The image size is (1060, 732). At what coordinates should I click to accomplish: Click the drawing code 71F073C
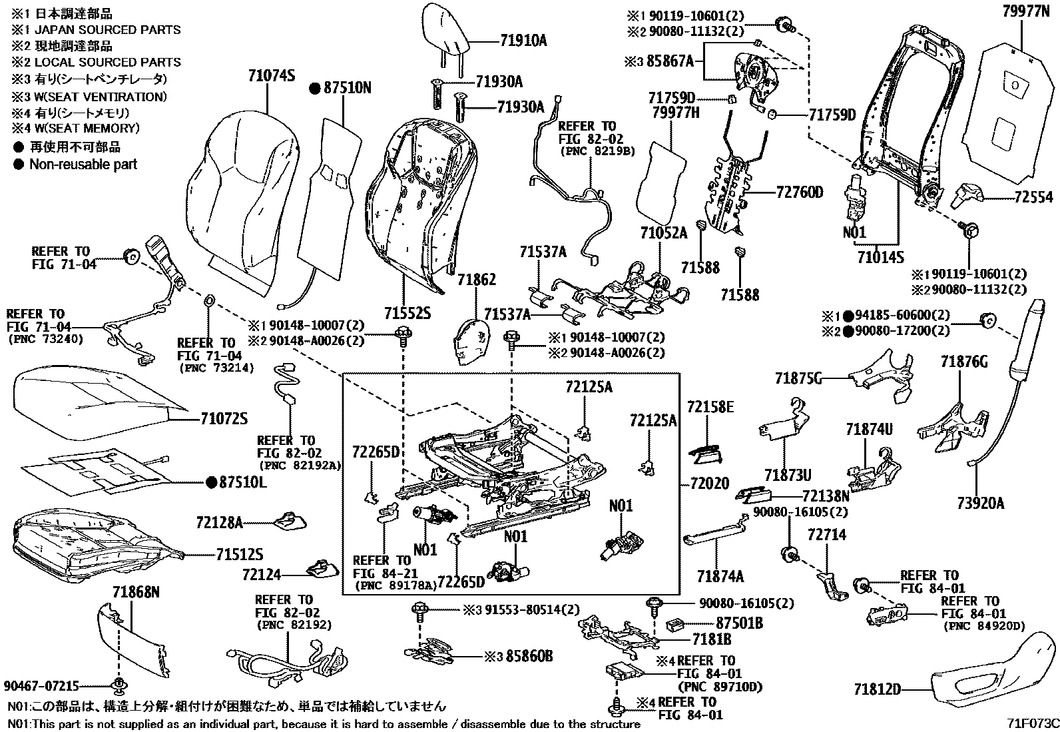tap(1031, 722)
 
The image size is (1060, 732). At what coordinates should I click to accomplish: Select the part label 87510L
tap(242, 482)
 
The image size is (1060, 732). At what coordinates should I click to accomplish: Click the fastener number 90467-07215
tap(41, 685)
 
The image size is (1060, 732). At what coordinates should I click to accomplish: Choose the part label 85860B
tap(529, 656)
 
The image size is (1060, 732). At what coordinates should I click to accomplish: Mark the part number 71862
tap(476, 280)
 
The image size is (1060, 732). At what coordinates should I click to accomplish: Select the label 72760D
tap(800, 193)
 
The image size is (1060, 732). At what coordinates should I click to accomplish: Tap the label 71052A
tap(663, 233)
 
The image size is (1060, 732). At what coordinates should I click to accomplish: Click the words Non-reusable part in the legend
tap(83, 165)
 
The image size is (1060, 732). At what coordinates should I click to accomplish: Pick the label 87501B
tap(739, 623)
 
